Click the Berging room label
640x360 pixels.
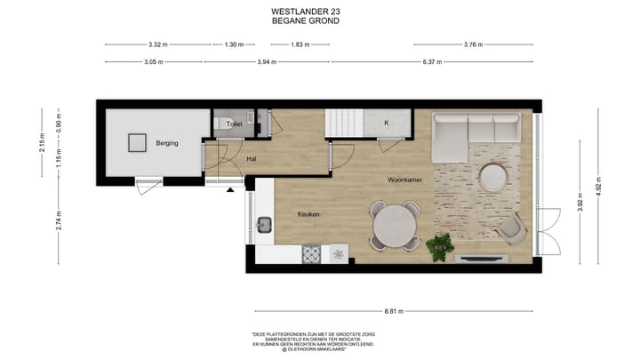(x=166, y=142)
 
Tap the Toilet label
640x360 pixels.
(x=235, y=124)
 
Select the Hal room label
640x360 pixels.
(x=252, y=159)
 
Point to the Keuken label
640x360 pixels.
(x=308, y=214)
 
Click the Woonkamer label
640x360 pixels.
(x=404, y=180)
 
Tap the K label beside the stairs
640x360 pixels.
(x=387, y=123)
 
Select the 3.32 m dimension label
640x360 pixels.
(x=156, y=44)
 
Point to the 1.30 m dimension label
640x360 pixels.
(x=234, y=44)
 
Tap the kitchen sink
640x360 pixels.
(x=264, y=222)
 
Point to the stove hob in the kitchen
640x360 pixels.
(x=312, y=254)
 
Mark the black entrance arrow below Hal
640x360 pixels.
(x=231, y=188)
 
